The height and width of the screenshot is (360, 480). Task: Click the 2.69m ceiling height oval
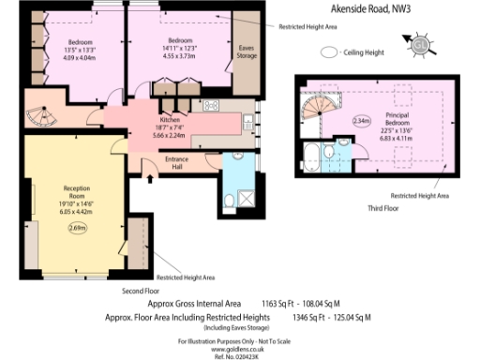[77, 227]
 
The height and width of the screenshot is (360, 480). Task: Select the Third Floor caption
[384, 208]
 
